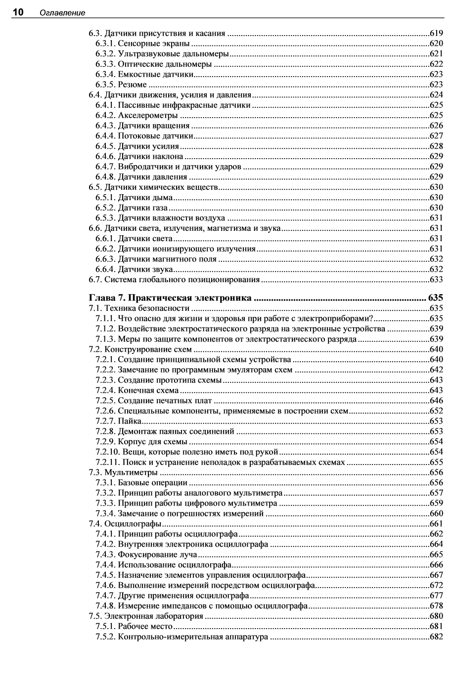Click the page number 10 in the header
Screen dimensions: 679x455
[18, 12]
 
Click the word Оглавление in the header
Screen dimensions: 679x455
[63, 13]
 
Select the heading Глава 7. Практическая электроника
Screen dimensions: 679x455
[170, 298]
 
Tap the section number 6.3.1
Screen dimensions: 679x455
[105, 43]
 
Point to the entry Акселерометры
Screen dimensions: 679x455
[147, 116]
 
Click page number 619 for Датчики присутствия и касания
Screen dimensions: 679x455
[436, 34]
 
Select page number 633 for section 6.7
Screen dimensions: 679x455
[436, 280]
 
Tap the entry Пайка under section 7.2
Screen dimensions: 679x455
[130, 421]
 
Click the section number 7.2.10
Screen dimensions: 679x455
[107, 452]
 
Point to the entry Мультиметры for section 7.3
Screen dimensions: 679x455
[131, 472]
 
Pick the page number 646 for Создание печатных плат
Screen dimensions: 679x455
[436, 400]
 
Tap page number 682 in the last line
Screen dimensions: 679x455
[436, 637]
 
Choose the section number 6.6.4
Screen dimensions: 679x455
[105, 269]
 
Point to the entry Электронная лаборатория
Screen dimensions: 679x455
[154, 616]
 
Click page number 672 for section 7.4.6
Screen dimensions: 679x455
[436, 586]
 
